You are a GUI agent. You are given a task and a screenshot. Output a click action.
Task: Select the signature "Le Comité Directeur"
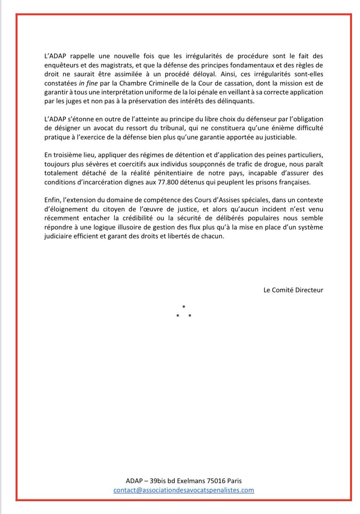click(x=294, y=290)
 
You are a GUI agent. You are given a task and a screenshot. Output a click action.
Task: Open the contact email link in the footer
click(x=184, y=490)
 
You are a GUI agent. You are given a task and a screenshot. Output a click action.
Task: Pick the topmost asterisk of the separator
click(x=183, y=307)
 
